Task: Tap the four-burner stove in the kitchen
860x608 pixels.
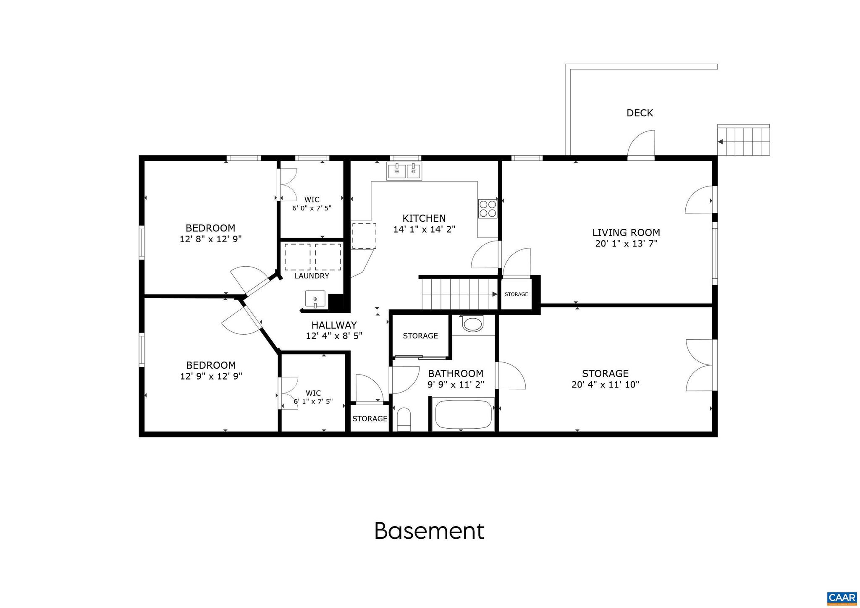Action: click(x=487, y=208)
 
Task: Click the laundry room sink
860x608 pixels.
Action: click(x=315, y=299)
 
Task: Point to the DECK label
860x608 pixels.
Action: click(x=640, y=113)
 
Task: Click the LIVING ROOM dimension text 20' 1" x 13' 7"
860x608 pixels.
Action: click(x=626, y=244)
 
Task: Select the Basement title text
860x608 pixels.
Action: click(x=429, y=531)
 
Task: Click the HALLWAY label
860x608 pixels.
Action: click(x=334, y=325)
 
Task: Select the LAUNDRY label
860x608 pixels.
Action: click(x=312, y=276)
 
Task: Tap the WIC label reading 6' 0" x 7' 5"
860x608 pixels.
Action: click(x=312, y=208)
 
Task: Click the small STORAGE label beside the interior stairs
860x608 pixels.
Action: click(x=516, y=294)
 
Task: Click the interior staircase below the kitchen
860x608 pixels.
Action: click(x=460, y=294)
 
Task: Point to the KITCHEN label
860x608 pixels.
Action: click(x=424, y=218)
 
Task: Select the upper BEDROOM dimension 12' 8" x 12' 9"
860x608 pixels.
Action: click(x=210, y=239)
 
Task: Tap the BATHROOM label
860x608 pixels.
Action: click(x=456, y=373)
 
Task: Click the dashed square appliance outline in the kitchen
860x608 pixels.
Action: click(x=364, y=236)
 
